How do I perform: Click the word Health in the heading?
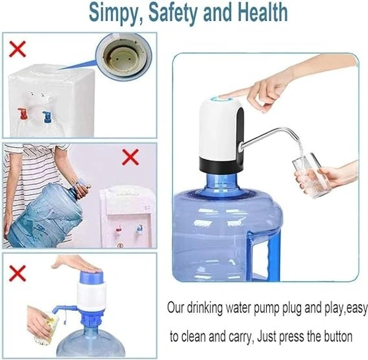[x=263, y=12]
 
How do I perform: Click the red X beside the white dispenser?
[x=17, y=49]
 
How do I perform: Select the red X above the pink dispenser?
[x=131, y=157]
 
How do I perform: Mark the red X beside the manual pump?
[x=17, y=274]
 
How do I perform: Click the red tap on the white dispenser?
[x=23, y=114]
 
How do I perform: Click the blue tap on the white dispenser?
[x=47, y=117]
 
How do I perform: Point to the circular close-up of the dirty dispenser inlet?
[x=124, y=56]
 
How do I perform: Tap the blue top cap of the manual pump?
[x=91, y=277]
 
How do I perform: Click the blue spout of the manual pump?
[x=63, y=309]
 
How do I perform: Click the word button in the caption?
[x=338, y=336]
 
